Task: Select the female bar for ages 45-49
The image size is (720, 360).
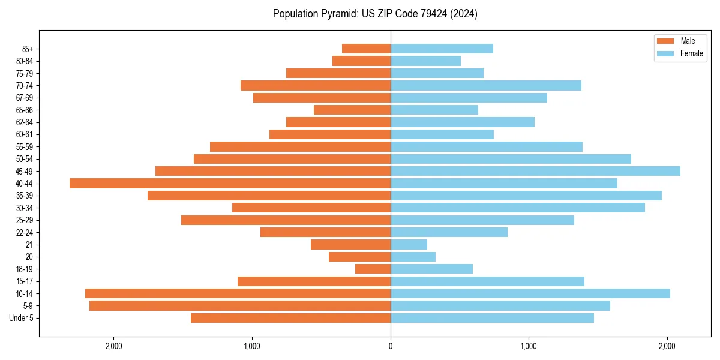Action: (x=535, y=171)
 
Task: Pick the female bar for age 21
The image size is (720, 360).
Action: (x=409, y=245)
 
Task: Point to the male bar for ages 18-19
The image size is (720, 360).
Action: (x=373, y=269)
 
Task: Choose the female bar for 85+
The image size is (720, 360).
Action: (x=442, y=49)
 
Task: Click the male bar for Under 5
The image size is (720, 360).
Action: (x=290, y=318)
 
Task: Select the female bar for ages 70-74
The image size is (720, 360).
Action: (x=486, y=85)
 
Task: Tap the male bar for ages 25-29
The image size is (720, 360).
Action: (x=286, y=220)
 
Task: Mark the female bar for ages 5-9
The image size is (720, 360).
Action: (x=500, y=306)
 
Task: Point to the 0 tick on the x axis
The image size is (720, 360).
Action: (x=391, y=346)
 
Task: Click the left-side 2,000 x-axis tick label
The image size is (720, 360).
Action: (x=113, y=346)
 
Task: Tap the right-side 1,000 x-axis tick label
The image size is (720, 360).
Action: (x=529, y=346)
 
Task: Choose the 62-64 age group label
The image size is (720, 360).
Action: (x=24, y=122)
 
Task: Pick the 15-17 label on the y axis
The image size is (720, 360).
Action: (x=24, y=281)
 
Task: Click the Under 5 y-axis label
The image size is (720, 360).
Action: (x=22, y=318)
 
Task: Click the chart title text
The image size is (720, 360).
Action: (x=375, y=14)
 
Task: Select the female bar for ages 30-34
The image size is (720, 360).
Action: (x=518, y=208)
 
